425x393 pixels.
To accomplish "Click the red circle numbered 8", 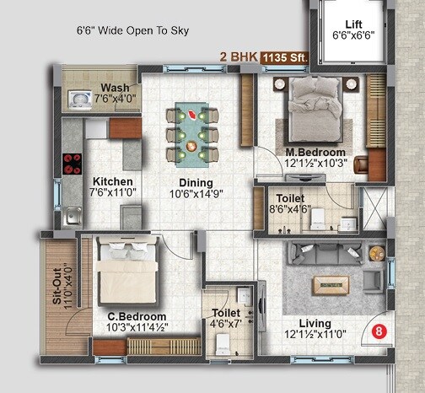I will (x=379, y=331).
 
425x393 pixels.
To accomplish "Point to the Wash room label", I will (x=114, y=89).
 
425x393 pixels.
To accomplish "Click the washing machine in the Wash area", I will (x=79, y=100).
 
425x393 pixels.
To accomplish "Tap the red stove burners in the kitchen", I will (x=69, y=160).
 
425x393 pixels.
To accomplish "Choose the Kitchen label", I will (x=112, y=181).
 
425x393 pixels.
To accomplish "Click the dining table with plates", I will (x=192, y=131).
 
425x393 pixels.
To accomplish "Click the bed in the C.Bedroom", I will (x=125, y=271).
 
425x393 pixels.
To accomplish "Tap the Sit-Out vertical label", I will (x=57, y=288).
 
